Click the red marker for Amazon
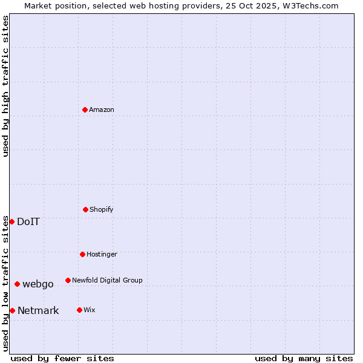coord(85,110)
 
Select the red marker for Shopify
coord(85,209)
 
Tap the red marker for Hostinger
coord(82,254)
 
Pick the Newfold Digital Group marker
coord(68,280)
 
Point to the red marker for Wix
coord(79,310)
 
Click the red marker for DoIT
coord(11,221)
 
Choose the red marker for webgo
coord(17,284)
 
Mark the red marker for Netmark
coord(12,310)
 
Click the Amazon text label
coord(102,110)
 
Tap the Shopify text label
coord(102,209)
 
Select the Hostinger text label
coord(102,254)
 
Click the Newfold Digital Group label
coord(107,280)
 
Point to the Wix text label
coord(90,310)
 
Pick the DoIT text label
coord(28,221)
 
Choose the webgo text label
coord(38,284)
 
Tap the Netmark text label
coord(38,310)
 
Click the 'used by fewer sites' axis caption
coord(62,358)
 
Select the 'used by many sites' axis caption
coord(304,358)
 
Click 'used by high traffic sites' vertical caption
coord(5,86)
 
